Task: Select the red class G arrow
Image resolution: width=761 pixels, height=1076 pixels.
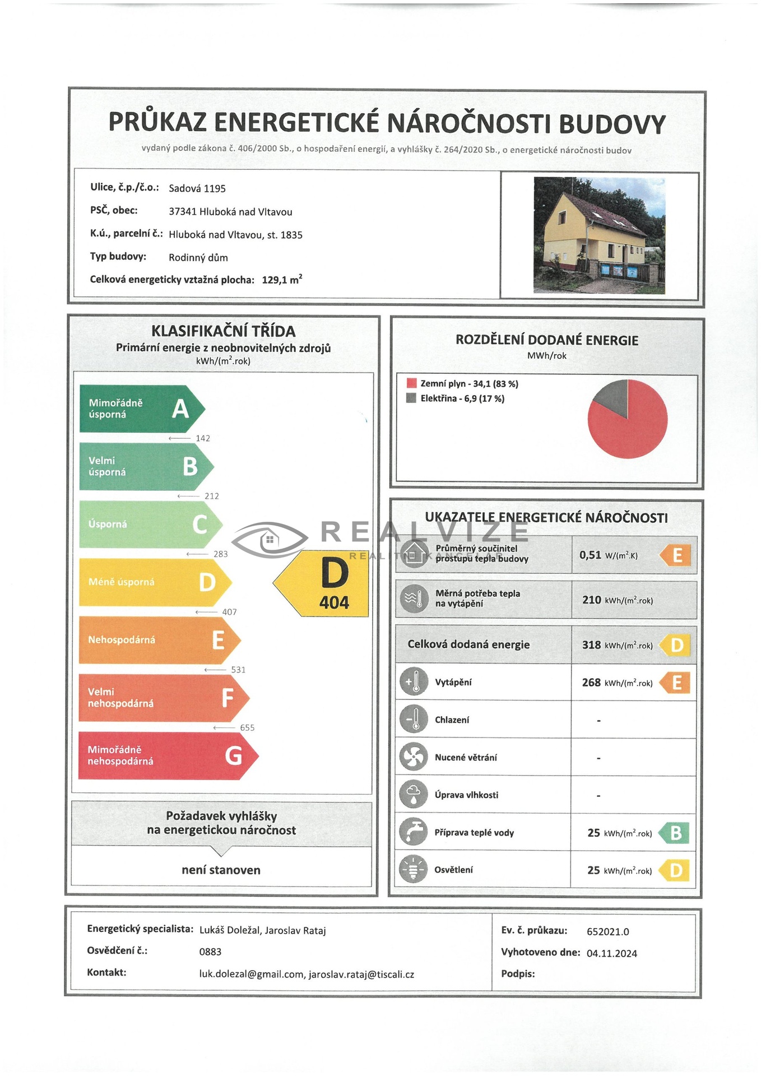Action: tap(167, 755)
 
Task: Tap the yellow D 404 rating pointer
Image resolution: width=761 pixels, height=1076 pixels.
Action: tap(328, 583)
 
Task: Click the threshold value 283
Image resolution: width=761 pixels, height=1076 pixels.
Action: tap(221, 554)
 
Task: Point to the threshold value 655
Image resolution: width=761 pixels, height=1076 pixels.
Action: tap(247, 727)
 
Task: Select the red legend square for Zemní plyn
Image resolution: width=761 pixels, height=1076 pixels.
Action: tap(411, 383)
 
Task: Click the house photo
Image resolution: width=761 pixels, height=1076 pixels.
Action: tap(599, 235)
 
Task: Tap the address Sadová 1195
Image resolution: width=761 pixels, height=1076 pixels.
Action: tap(197, 188)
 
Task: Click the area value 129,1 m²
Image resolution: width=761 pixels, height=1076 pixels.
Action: tap(282, 279)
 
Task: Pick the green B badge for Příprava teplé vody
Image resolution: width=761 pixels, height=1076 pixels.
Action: tap(674, 833)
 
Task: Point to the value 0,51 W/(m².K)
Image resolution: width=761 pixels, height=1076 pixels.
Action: tap(609, 555)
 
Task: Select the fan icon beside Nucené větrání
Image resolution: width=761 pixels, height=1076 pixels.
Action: tap(414, 757)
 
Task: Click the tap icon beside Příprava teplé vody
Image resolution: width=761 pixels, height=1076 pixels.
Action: tap(414, 832)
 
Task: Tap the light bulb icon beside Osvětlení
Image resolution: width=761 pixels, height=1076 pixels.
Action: tap(414, 870)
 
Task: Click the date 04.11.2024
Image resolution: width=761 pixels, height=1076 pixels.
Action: tap(611, 953)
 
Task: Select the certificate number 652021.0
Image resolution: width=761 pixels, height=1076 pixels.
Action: tap(607, 931)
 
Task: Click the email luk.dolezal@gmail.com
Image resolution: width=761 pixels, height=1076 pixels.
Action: tap(252, 974)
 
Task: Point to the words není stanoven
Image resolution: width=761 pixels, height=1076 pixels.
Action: tap(221, 870)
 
